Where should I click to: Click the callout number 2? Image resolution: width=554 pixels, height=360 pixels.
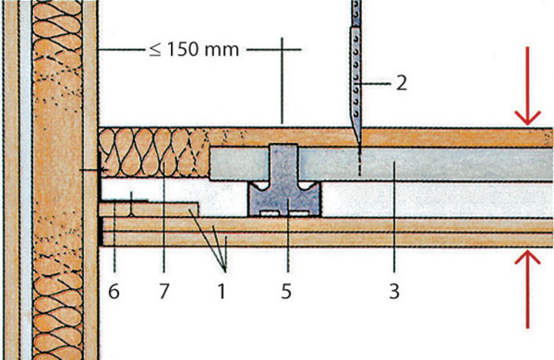pyautogui.click(x=402, y=83)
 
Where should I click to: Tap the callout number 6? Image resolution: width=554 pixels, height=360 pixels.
pyautogui.click(x=114, y=292)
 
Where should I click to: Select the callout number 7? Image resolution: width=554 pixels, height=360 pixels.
pyautogui.click(x=163, y=292)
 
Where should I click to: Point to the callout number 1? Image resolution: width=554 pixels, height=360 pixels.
pyautogui.click(x=222, y=292)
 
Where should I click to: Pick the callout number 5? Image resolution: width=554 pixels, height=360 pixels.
pyautogui.click(x=286, y=292)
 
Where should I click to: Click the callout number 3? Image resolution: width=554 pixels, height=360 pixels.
pyautogui.click(x=394, y=292)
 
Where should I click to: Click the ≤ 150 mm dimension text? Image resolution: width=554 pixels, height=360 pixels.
pyautogui.click(x=194, y=50)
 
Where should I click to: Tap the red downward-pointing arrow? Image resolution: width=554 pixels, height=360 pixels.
pyautogui.click(x=527, y=86)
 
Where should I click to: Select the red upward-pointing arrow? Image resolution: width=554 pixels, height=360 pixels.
pyautogui.click(x=527, y=289)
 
